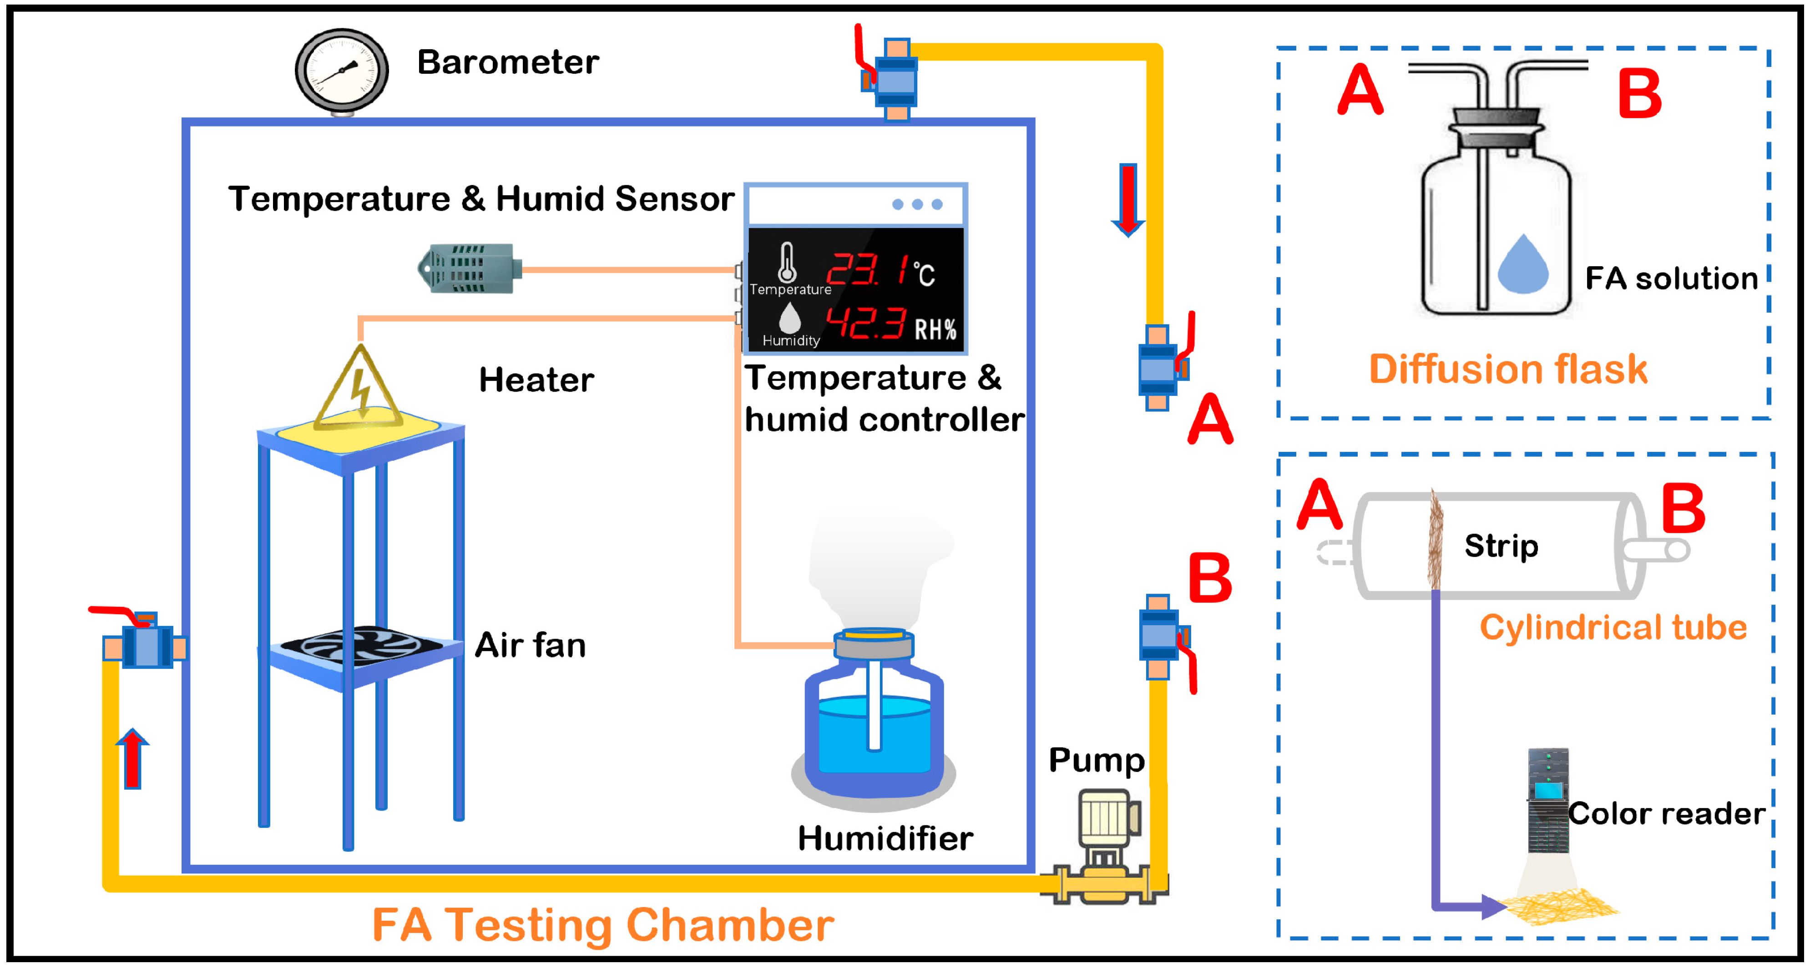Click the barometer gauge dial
coord(342,70)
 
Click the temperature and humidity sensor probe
coord(470,269)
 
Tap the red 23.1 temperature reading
coord(869,270)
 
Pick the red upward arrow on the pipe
coord(132,759)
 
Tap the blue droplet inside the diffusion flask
coord(1523,266)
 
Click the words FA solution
coord(1671,279)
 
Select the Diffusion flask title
coord(1508,369)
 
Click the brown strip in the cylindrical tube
coord(1435,540)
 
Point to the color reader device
coord(1548,802)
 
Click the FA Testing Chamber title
coord(603,925)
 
